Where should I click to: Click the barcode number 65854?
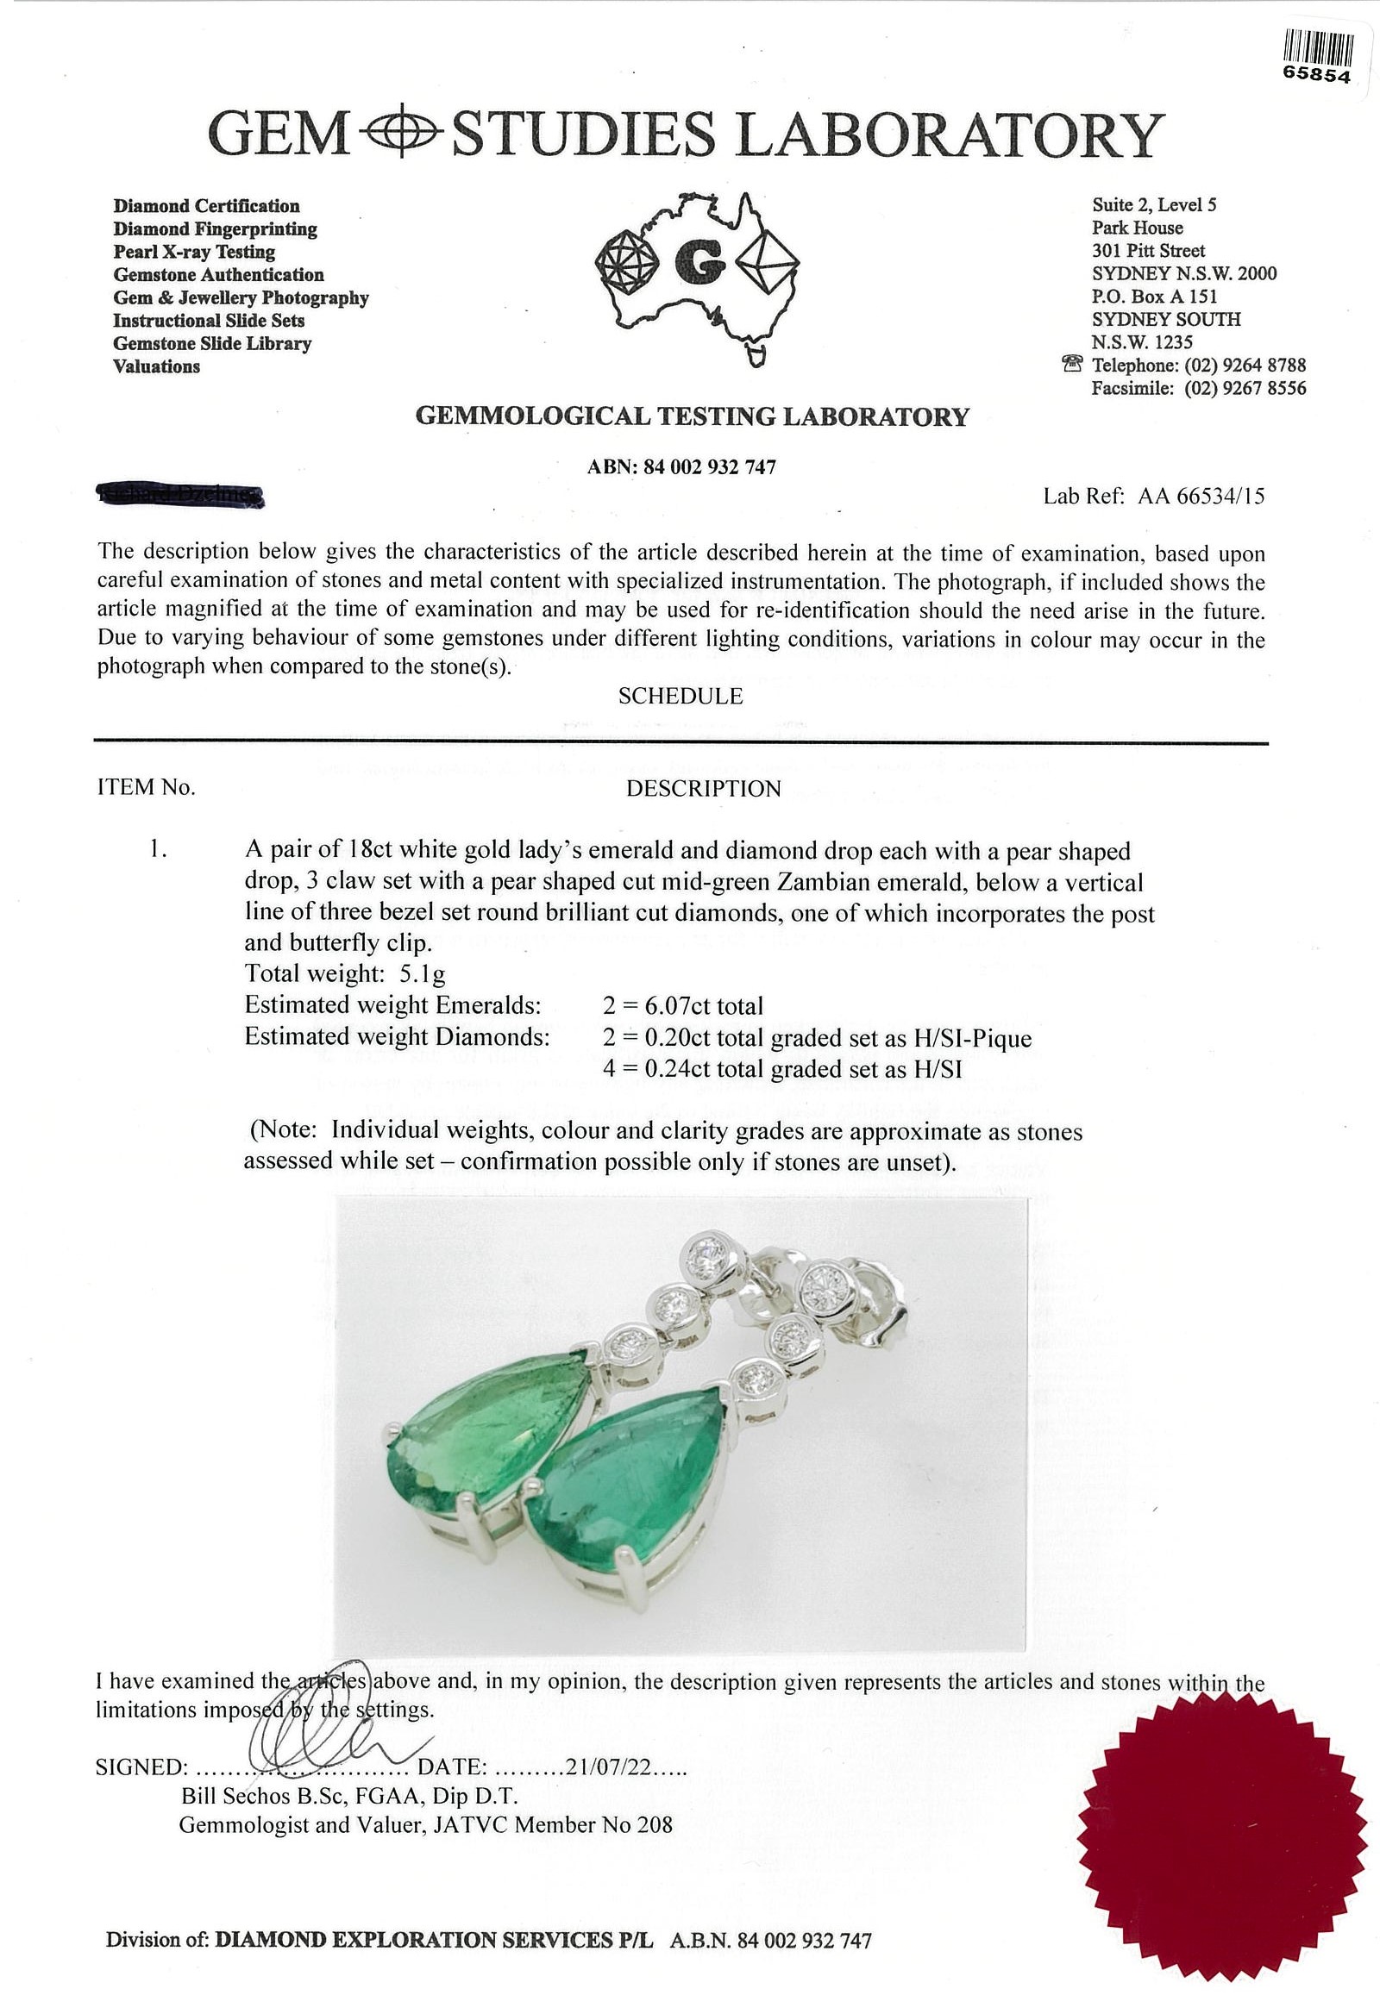pyautogui.click(x=1316, y=75)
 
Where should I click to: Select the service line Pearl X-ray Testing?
pyautogui.click(x=194, y=252)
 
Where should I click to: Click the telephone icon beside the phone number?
pyautogui.click(x=1072, y=364)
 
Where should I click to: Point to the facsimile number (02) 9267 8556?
pyautogui.click(x=1245, y=388)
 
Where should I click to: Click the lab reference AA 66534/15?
pyautogui.click(x=1201, y=496)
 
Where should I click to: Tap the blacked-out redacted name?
pyautogui.click(x=182, y=494)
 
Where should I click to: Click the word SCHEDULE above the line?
pyautogui.click(x=681, y=696)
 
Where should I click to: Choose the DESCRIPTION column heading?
pyautogui.click(x=703, y=788)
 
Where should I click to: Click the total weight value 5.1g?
pyautogui.click(x=422, y=974)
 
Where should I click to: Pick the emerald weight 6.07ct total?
pyautogui.click(x=683, y=1005)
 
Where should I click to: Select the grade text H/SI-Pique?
pyautogui.click(x=973, y=1037)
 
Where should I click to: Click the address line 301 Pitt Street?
pyautogui.click(x=1148, y=251)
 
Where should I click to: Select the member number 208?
pyautogui.click(x=655, y=1825)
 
